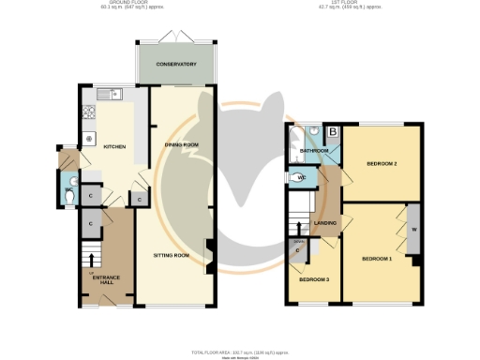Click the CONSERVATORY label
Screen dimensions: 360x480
176,64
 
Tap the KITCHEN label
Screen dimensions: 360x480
114,147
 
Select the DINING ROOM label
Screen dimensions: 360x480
182,144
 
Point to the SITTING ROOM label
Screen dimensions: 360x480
172,255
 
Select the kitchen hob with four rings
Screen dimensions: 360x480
91,114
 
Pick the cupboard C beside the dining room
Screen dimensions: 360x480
138,199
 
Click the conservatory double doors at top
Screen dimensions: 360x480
175,37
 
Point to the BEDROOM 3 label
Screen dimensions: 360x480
313,280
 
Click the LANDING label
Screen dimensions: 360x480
325,223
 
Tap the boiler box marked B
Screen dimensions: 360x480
332,131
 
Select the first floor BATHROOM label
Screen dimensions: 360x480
313,151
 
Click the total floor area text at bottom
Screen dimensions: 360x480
240,352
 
